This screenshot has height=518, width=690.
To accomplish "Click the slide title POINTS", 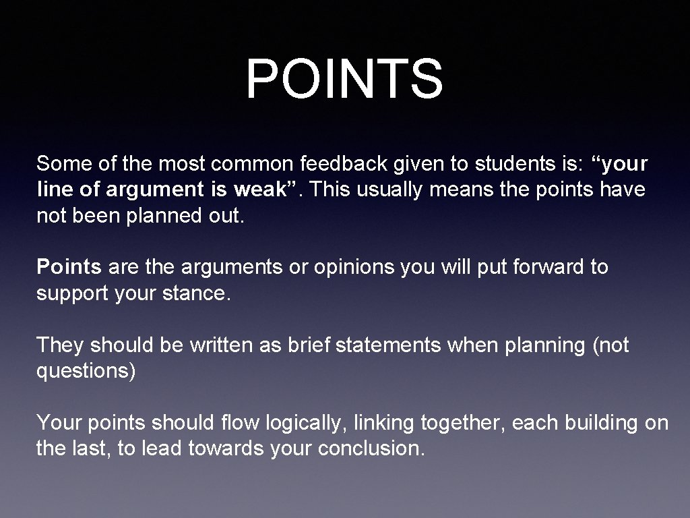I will pyautogui.click(x=344, y=79).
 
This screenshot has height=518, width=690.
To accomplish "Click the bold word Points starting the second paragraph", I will pyautogui.click(x=69, y=267).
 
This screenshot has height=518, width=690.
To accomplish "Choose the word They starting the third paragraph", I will pyautogui.click(x=61, y=345).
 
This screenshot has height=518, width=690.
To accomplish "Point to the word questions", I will pyautogui.click(x=86, y=372).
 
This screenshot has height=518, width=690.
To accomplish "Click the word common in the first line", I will pyautogui.click(x=250, y=163).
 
